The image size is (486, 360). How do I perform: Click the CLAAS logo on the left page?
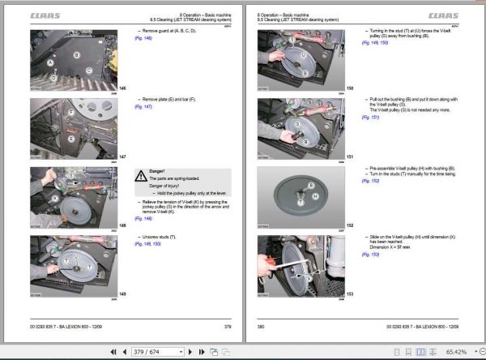click(x=45, y=14)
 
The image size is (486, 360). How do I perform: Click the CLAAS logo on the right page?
click(x=441, y=14)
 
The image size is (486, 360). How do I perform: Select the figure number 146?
click(x=122, y=88)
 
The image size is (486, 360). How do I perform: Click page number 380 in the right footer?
click(x=261, y=326)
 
